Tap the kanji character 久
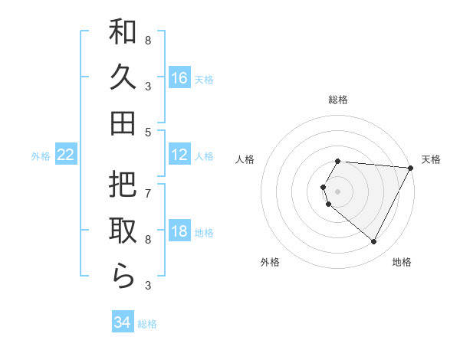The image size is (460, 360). (x=123, y=77)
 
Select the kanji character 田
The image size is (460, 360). (x=123, y=123)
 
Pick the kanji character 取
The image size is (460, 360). (x=123, y=231)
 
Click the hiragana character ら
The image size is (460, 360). (x=123, y=275)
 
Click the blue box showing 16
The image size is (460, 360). (x=179, y=77)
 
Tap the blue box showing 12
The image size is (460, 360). (x=179, y=155)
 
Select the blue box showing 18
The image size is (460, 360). (x=179, y=232)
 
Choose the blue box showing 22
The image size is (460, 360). (x=66, y=155)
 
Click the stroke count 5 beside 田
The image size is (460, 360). (x=148, y=132)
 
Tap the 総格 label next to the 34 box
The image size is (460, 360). (x=147, y=324)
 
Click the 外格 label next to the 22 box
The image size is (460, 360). (x=41, y=156)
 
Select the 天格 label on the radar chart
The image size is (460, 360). (x=431, y=159)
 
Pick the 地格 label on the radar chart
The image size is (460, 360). (x=402, y=262)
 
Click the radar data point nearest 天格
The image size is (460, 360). (x=412, y=167)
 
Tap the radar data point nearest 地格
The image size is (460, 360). (x=374, y=242)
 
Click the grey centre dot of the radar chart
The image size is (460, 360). (x=337, y=191)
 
